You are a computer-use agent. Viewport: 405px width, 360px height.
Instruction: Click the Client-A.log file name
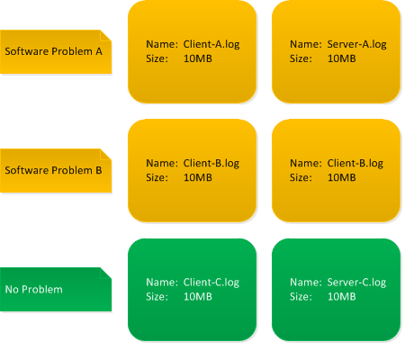211,45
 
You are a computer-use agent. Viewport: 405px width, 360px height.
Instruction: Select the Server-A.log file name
356,45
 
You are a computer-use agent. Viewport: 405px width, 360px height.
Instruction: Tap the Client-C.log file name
211,283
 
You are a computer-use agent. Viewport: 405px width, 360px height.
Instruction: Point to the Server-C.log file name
356,283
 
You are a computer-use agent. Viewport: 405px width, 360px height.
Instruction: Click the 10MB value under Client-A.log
198,58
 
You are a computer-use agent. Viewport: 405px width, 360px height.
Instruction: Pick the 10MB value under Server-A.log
342,58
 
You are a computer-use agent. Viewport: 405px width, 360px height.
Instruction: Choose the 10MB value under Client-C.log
198,297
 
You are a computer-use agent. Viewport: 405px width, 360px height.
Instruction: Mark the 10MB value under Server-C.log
342,297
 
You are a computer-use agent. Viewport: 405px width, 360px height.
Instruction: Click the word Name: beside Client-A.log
162,44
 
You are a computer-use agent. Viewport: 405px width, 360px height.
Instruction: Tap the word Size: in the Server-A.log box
301,58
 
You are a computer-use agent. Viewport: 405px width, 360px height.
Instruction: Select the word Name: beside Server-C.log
306,283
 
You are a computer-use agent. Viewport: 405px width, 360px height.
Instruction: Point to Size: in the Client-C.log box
157,297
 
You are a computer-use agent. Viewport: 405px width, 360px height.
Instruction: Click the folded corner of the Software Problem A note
106,35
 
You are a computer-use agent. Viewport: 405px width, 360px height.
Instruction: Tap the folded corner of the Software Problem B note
106,154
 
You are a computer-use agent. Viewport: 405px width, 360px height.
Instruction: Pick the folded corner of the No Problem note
106,273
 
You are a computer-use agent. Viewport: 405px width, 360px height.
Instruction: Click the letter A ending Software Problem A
99,51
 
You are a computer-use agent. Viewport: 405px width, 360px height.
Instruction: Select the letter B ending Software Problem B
99,170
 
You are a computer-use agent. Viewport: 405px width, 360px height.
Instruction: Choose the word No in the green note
12,290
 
